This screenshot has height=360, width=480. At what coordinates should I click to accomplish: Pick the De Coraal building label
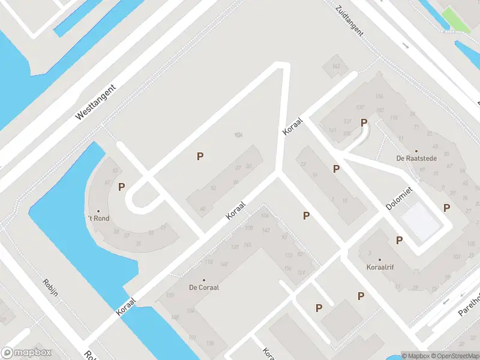[204, 287]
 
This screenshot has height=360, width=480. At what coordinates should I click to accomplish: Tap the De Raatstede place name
[416, 158]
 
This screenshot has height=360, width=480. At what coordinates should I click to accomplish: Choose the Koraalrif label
[379, 267]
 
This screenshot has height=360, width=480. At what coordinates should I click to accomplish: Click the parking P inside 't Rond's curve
[121, 187]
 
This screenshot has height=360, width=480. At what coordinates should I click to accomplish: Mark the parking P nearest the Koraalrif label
[399, 240]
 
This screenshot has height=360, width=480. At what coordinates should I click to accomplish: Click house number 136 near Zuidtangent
[379, 97]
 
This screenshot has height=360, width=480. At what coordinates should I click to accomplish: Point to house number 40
[203, 209]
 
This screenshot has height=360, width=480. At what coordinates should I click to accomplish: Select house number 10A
[238, 136]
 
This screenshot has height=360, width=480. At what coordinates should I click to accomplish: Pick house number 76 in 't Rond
[138, 243]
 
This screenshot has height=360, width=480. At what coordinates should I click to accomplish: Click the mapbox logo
[26, 353]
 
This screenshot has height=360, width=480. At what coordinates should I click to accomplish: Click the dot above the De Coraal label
[204, 280]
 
